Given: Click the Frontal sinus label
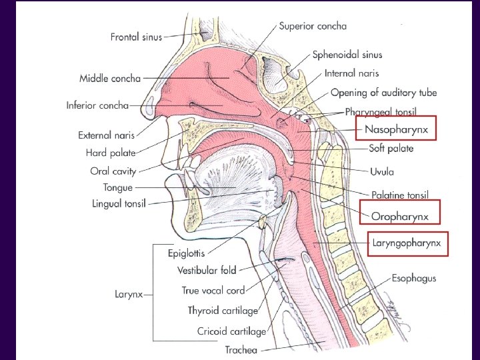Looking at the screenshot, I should [x=136, y=37].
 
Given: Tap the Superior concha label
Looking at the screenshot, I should [x=313, y=27].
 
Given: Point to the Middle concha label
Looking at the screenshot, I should [x=110, y=79].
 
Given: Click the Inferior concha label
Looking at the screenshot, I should [x=97, y=105].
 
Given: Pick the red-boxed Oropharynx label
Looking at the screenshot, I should [x=400, y=216].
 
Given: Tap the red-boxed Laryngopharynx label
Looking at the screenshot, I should [x=407, y=244].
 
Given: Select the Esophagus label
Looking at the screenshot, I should [x=414, y=277].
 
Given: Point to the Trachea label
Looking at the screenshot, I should [x=241, y=350].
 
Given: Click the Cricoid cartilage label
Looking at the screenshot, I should [x=231, y=331].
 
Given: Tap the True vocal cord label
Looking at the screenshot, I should [x=213, y=291].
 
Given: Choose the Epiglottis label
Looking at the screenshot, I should [x=186, y=253].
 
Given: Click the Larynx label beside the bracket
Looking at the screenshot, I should [x=129, y=294].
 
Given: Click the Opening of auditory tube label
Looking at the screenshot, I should [x=383, y=93].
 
